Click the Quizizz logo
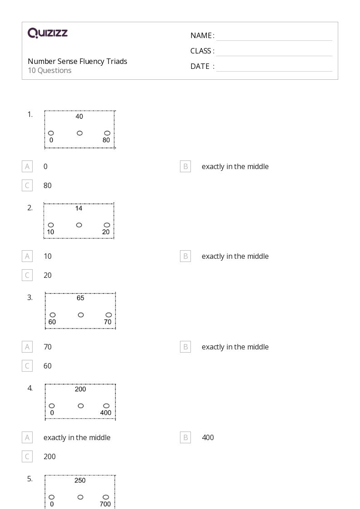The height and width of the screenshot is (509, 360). coord(48,33)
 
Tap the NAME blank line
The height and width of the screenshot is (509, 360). coord(274,41)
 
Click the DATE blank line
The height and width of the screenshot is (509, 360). coord(274,71)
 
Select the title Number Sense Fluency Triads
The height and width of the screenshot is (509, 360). coord(77,61)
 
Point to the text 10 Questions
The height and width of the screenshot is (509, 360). coord(50,70)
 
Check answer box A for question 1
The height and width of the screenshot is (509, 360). coord(27,166)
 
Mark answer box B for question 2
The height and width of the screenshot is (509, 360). coord(185,256)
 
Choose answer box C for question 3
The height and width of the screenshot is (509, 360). coord(27,366)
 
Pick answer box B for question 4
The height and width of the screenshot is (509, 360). coord(185,437)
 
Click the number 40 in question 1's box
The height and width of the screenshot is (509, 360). coord(79,116)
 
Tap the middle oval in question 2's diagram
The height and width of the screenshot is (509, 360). coord(79,225)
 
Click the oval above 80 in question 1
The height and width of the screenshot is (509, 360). coord(107,133)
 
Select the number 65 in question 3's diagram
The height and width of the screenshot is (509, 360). coord(81,298)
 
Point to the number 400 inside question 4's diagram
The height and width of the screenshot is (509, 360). coord(106,412)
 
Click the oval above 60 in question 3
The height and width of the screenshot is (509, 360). coord(53,315)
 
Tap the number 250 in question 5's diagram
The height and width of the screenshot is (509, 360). coord(80,480)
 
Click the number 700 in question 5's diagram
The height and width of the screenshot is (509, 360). coord(105,504)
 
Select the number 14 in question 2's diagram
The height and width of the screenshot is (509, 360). coord(79,208)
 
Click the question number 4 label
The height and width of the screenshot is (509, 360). coord(30,388)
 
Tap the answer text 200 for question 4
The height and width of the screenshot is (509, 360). coord(50,456)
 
